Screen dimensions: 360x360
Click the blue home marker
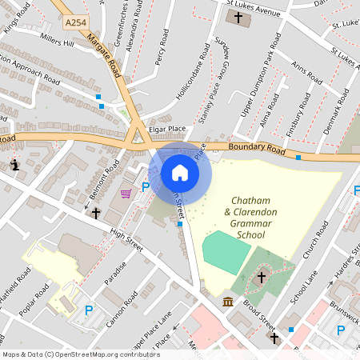180,173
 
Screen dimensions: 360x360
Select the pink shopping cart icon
126,193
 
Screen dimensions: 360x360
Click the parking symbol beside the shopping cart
146,187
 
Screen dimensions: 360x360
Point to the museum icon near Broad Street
228,302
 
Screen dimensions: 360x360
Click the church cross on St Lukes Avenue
238,17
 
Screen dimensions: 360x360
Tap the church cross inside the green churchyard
261,278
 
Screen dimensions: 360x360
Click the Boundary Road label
256,148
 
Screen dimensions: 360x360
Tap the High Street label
126,242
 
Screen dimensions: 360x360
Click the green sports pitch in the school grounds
226,252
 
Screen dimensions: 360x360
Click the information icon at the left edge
15,165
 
